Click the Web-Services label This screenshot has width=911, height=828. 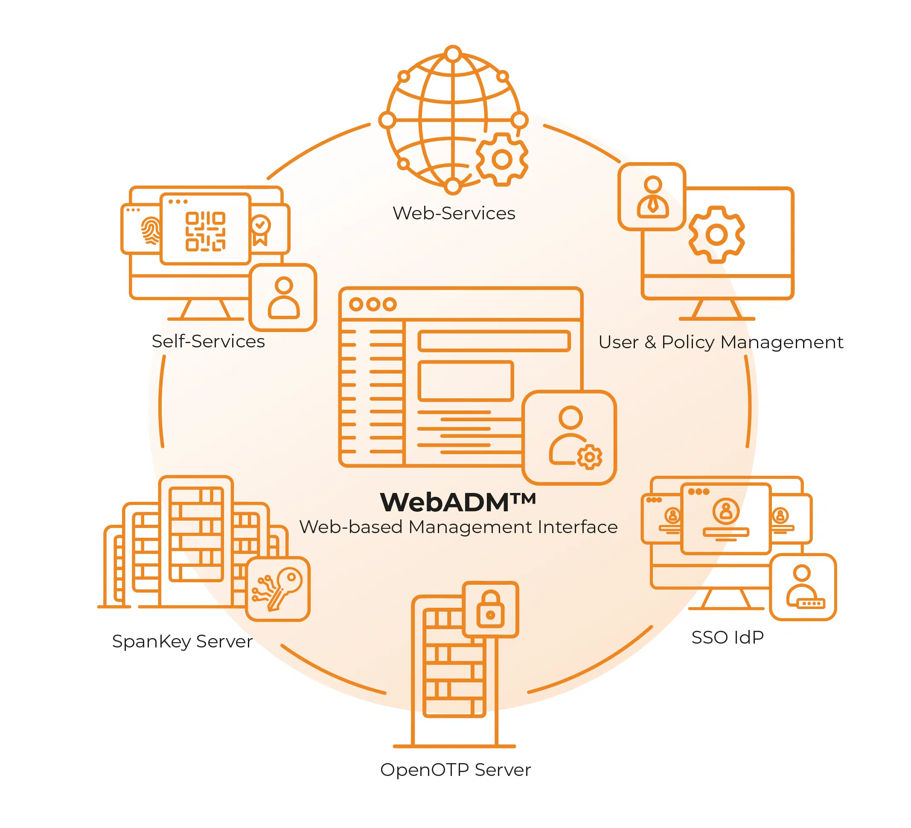454,213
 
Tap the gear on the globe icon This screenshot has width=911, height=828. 502,159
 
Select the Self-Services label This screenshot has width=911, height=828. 208,341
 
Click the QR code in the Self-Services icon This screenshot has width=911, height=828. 205,231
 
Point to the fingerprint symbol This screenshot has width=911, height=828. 151,230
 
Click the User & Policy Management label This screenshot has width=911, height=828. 720,342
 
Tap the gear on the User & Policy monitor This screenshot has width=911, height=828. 716,235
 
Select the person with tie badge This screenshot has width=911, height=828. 652,197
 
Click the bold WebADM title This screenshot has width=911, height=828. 458,502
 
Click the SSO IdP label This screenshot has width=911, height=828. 727,637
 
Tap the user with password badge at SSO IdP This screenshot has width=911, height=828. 803,587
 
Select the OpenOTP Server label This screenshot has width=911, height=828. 455,770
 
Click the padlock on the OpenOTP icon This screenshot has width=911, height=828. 490,609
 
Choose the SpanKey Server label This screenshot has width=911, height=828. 182,641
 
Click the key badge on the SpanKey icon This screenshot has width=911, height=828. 277,589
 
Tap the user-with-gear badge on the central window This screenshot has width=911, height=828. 569,437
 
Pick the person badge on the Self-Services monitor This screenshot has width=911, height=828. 283,298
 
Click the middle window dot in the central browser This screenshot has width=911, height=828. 373,304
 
